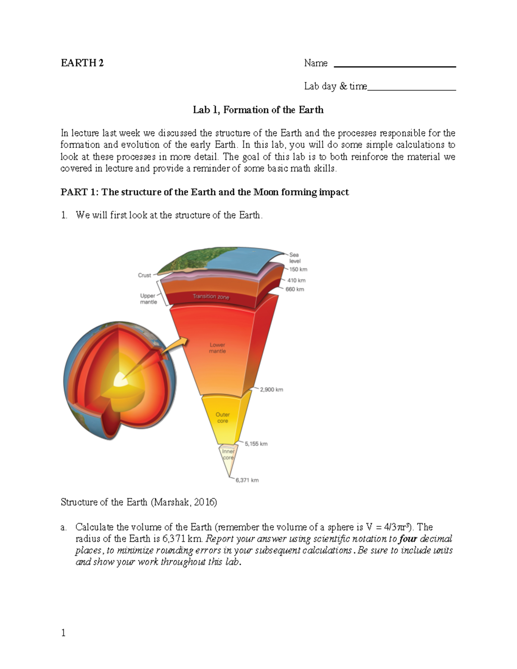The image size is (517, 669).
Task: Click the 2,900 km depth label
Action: (271, 389)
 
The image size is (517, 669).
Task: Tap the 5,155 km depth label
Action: (256, 444)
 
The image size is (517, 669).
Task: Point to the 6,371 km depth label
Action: (247, 480)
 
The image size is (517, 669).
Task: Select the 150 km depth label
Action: (298, 269)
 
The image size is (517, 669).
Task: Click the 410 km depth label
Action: (296, 280)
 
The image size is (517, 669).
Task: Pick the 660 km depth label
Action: (295, 289)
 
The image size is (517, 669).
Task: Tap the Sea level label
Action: (295, 258)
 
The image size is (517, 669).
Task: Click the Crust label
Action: (144, 275)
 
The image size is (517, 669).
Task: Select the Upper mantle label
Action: (148, 299)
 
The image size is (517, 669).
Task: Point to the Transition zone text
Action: (211, 296)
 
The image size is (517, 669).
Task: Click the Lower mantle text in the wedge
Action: (217, 348)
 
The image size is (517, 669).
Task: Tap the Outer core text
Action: (222, 417)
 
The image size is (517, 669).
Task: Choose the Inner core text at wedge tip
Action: (228, 454)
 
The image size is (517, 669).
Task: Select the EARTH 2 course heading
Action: (82, 63)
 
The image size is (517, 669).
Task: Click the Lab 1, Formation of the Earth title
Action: (258, 110)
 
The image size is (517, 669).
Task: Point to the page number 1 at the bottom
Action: (63, 632)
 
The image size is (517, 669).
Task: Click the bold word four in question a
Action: (408, 538)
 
